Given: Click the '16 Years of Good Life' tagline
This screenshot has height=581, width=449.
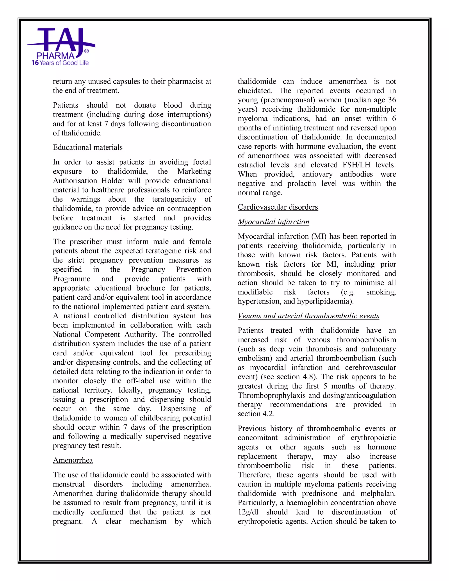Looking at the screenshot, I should [60, 63].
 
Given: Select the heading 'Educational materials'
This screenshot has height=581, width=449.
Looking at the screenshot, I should [87, 147].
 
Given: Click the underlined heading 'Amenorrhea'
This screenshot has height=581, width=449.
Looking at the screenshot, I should [73, 460].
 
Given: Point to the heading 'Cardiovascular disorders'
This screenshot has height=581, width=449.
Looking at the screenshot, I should [278, 207].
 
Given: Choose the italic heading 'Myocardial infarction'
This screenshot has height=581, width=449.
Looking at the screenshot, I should [273, 222].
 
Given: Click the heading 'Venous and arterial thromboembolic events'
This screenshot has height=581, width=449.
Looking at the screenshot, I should [308, 316].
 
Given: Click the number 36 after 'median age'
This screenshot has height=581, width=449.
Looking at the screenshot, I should [392, 100].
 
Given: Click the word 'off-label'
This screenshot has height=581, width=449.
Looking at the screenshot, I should [140, 381].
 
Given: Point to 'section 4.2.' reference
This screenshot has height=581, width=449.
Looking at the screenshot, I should [256, 414].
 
